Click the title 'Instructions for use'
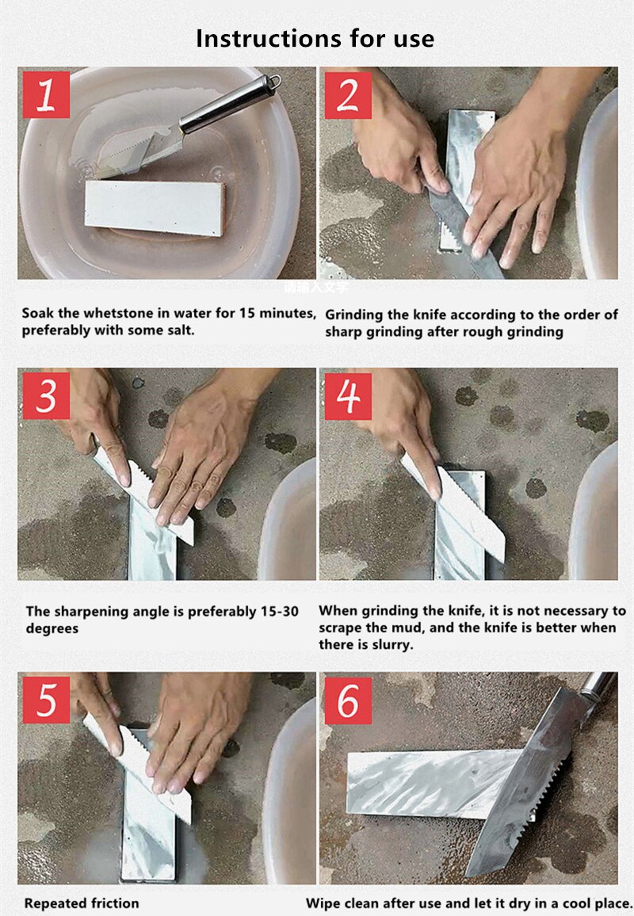point(315,38)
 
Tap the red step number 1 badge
point(46,94)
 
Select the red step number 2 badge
point(348,94)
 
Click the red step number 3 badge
point(46,395)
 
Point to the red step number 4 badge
point(348,395)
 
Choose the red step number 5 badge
point(46,699)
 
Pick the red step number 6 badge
point(348,699)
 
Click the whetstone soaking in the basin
point(155,207)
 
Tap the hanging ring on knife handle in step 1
point(272,82)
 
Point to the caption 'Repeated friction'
point(82,903)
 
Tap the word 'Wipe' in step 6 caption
point(323,903)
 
